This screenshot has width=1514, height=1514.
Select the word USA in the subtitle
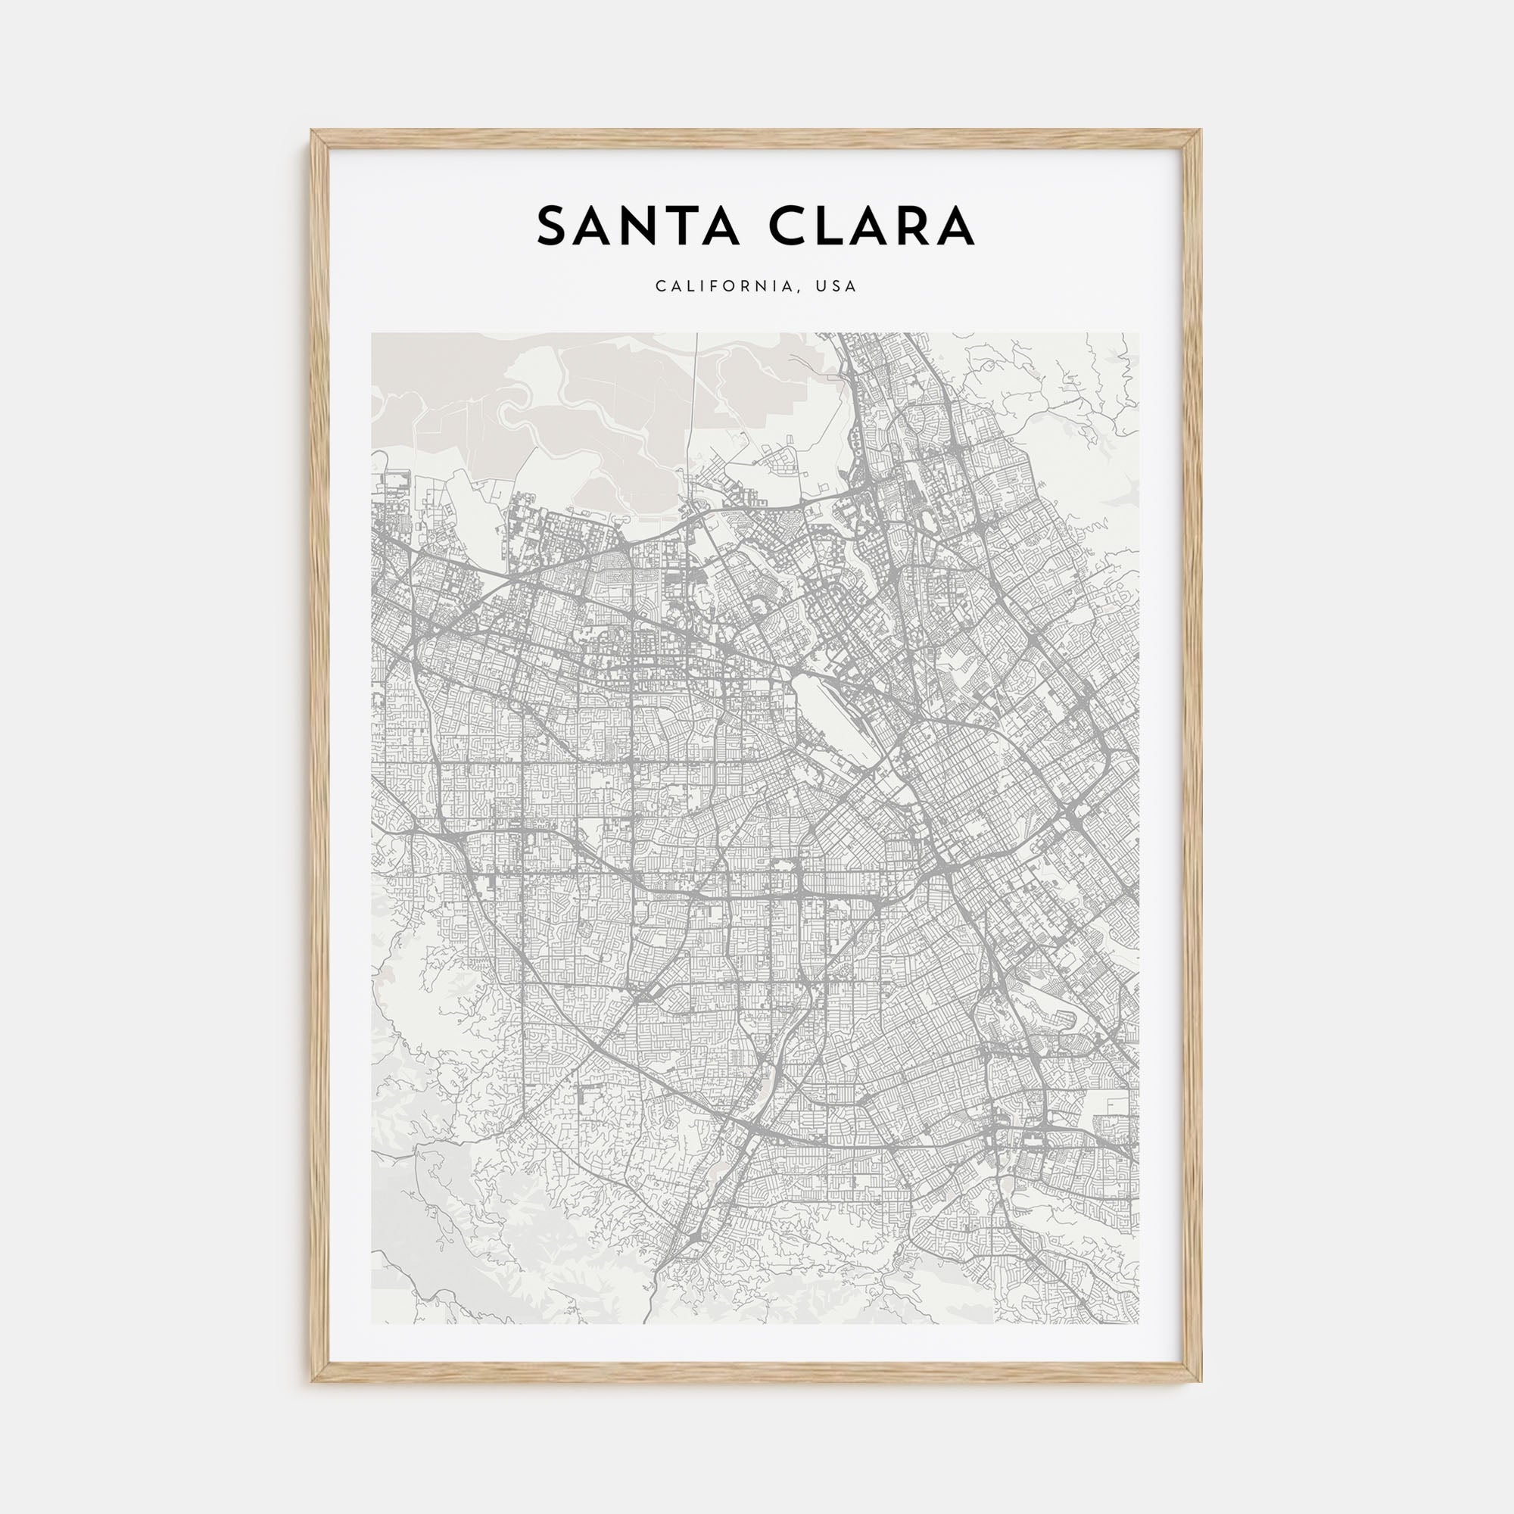click(836, 287)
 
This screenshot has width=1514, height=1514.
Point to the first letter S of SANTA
click(552, 226)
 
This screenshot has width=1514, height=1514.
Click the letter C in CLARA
click(788, 226)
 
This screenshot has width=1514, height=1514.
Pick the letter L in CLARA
click(830, 226)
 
